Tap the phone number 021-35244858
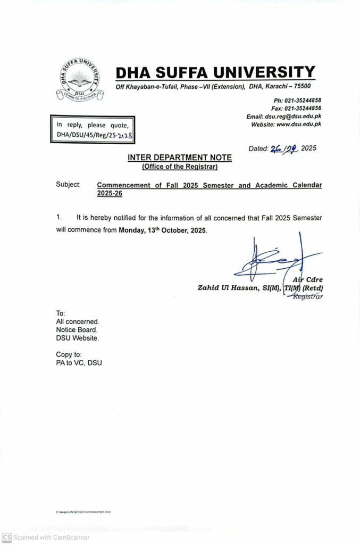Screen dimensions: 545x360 pos(303,101)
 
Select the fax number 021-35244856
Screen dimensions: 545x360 pos(303,109)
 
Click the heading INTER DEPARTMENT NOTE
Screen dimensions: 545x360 pos(180,158)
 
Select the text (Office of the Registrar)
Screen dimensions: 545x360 pos(180,167)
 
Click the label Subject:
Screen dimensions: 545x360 pos(68,185)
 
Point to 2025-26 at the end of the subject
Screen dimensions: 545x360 pos(110,194)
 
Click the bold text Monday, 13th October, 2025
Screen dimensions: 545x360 pos(162,230)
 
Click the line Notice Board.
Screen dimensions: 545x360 pos(77,330)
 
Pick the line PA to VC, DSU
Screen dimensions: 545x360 pos(79,363)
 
